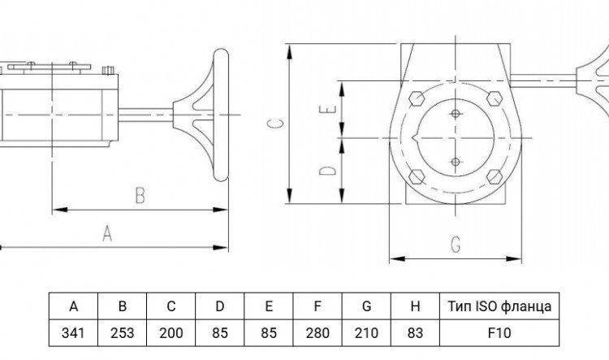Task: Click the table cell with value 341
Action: pos(73,333)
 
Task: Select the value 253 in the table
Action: pos(122,333)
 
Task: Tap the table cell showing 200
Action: pos(171,333)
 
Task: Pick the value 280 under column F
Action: pos(317,333)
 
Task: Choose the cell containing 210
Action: pos(366,333)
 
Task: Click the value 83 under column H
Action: pos(415,333)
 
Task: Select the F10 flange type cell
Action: pos(499,333)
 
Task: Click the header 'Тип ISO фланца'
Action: pos(499,306)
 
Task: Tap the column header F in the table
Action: pos(317,306)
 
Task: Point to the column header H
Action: pos(415,306)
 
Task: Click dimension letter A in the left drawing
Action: pos(107,234)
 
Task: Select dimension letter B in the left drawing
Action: pos(140,195)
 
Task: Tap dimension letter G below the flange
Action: pos(456,245)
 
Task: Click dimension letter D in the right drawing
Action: pos(328,171)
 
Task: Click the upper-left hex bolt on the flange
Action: pos(417,98)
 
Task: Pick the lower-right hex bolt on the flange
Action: pos(495,176)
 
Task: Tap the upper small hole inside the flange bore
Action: pos(456,114)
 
